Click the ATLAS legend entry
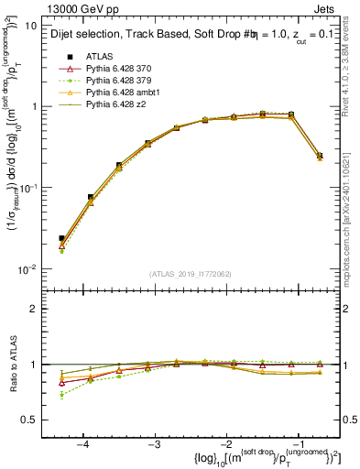pos(100,57)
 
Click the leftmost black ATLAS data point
pos(61,238)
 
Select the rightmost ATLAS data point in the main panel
pos(319,156)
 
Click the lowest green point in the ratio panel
pos(61,395)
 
